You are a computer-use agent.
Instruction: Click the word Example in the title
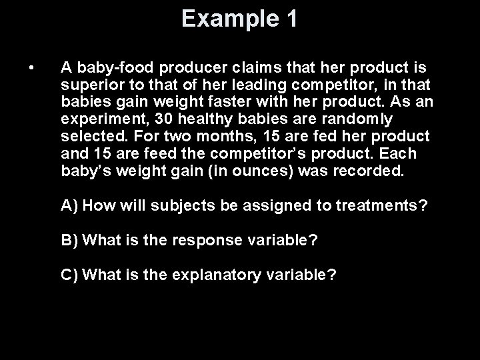225,19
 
